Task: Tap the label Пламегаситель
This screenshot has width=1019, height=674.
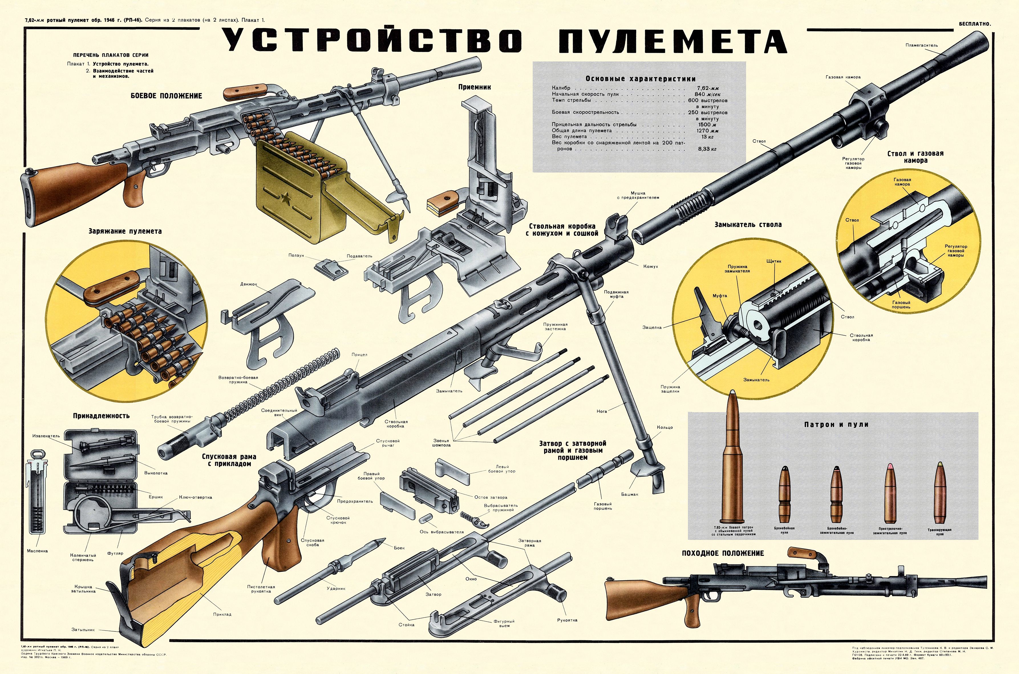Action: pyautogui.click(x=927, y=45)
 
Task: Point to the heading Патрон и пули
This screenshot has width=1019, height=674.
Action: pyautogui.click(x=836, y=424)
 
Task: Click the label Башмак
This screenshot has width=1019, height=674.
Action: pyautogui.click(x=629, y=494)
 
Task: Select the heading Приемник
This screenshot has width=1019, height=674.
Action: pyautogui.click(x=474, y=87)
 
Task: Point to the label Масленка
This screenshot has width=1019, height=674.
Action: pyautogui.click(x=37, y=551)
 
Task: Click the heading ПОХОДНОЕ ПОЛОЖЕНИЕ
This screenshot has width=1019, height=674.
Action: pyautogui.click(x=723, y=553)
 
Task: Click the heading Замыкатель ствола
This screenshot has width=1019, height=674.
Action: pyautogui.click(x=748, y=224)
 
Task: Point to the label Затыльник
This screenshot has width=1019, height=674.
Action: pyautogui.click(x=83, y=630)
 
